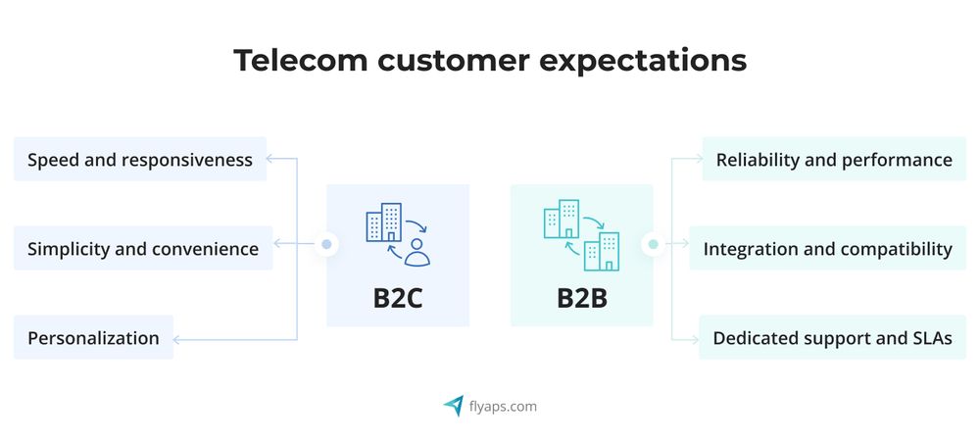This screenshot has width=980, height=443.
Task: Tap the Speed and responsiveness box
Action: pos(140,159)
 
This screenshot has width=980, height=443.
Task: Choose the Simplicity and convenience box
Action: pos(143,248)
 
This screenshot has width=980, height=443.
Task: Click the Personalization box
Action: pos(93,337)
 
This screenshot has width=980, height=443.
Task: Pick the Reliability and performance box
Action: pos(834,159)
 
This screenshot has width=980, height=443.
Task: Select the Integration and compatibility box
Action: pos(828,248)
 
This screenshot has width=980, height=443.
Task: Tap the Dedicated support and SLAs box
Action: pos(833,337)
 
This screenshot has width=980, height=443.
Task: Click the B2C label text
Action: pos(398,298)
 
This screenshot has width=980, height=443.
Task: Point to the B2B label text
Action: pos(582,298)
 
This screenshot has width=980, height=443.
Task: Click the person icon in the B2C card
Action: pos(418,252)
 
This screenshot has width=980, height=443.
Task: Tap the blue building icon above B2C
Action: pos(384,222)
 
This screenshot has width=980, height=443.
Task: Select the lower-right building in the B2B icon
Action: pos(601,252)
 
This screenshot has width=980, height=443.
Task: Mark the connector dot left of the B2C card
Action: pos(326,243)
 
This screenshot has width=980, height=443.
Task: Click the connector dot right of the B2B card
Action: pos(652,243)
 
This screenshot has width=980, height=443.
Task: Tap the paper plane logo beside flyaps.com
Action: pos(453,405)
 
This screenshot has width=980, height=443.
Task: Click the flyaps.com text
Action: pos(504,406)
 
